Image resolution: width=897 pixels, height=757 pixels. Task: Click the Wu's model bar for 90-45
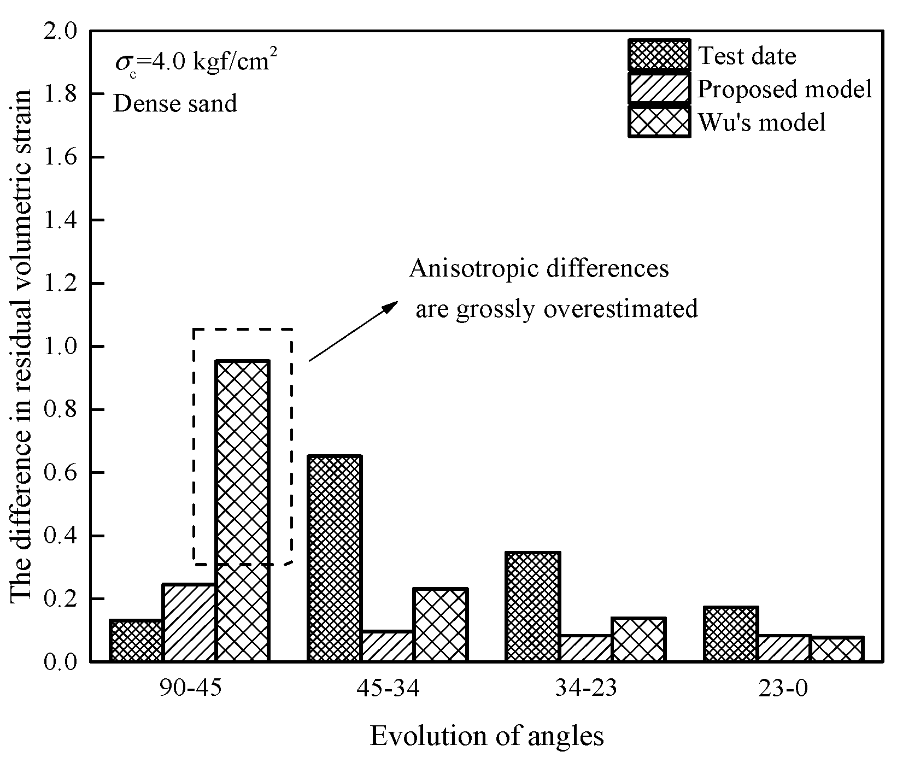[x=242, y=511]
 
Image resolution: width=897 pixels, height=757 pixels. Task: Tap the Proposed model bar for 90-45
[x=189, y=623]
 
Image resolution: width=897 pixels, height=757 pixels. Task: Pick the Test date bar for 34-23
[x=532, y=607]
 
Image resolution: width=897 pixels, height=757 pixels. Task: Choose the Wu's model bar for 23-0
[x=836, y=649]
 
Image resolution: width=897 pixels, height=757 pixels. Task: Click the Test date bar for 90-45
[x=136, y=641]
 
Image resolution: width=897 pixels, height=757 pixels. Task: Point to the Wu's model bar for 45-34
[x=441, y=625]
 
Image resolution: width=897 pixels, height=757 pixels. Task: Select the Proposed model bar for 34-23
[x=585, y=648]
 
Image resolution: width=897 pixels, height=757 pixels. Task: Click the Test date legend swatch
[x=659, y=55]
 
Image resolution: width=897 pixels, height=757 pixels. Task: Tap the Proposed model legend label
[x=785, y=88]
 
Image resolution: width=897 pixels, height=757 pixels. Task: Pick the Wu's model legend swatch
[x=659, y=121]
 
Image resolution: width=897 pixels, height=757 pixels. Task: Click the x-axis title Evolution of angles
[x=487, y=736]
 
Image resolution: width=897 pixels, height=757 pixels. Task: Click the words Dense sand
[x=175, y=103]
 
